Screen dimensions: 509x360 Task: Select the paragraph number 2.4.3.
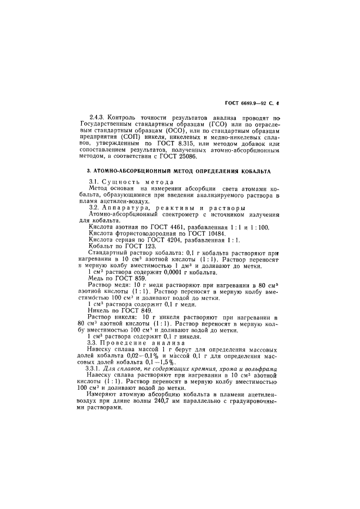pyautogui.click(x=97, y=117)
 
